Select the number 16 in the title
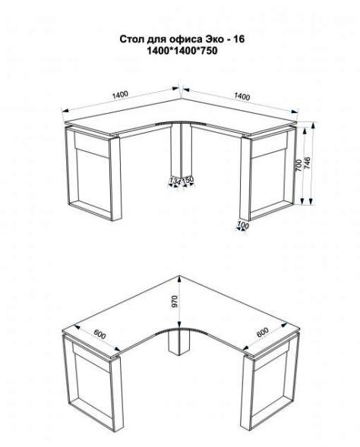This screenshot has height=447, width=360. [238, 39]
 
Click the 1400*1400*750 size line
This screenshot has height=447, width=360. [182, 50]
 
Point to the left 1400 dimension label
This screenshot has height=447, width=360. [120, 95]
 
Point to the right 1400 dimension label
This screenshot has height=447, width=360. [242, 96]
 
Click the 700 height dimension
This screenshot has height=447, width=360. [298, 165]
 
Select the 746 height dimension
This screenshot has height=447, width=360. [308, 162]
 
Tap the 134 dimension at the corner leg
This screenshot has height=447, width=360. [175, 181]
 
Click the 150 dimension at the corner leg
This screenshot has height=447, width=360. [188, 180]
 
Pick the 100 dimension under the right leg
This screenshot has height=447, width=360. [243, 225]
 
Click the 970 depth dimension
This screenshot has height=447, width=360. [175, 301]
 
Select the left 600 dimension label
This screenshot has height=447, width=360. [99, 334]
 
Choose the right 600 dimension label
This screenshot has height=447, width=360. [262, 332]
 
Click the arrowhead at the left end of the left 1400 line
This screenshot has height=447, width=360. [65, 111]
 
